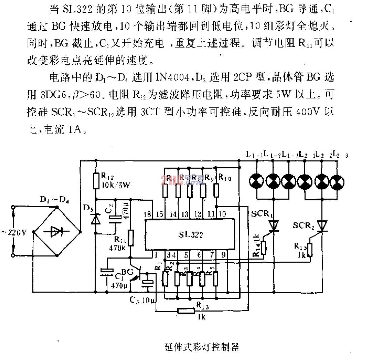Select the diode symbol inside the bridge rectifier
click(57, 232)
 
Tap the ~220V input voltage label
click(15, 233)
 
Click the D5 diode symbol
click(96, 219)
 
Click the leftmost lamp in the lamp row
click(257, 182)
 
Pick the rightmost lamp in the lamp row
click(337, 182)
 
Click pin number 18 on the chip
click(147, 215)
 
